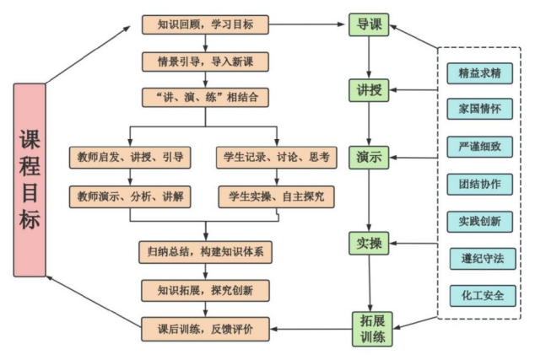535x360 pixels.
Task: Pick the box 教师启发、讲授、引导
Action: [131, 157]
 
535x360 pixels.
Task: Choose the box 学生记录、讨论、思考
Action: [277, 157]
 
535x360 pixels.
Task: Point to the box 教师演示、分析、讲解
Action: [131, 196]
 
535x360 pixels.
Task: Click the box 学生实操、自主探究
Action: [277, 196]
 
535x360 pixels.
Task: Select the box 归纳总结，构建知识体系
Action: [206, 251]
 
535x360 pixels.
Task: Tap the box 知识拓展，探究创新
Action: [206, 290]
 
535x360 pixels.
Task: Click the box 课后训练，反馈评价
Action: [206, 328]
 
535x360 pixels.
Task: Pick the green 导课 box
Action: [369, 25]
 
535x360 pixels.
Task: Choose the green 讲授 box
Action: [369, 89]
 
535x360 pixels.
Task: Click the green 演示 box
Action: [369, 157]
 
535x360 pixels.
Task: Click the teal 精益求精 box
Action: [479, 73]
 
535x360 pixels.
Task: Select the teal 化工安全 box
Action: [479, 296]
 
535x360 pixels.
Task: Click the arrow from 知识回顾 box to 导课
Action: [308, 25]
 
